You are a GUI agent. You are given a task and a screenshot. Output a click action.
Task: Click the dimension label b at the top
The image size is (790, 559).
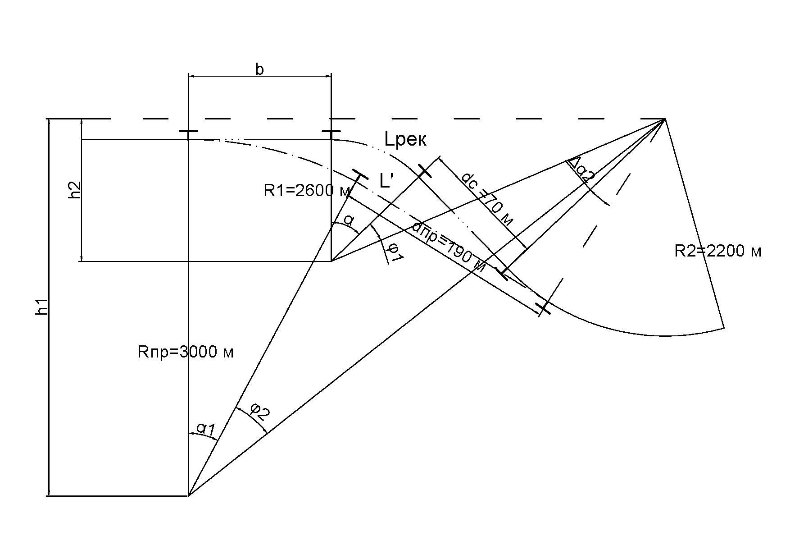coord(259,69)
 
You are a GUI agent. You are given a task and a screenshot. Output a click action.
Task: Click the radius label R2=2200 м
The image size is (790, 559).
coord(717,251)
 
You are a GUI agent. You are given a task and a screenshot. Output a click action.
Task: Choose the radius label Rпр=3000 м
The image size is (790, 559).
coord(186,352)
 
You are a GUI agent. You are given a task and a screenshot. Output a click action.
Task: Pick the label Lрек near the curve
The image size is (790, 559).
coord(405,140)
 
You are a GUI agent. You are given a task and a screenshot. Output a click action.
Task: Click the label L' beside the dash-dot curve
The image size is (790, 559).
coord(386,181)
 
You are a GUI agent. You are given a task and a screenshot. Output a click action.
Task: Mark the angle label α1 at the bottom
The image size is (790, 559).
coord(207,429)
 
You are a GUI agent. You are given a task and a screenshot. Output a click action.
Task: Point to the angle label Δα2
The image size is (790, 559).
coord(581,170)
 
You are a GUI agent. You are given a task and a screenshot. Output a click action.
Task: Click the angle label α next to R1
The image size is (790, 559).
coord(349,220)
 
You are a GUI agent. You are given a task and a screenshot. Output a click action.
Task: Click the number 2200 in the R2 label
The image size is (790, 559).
coord(726,251)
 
